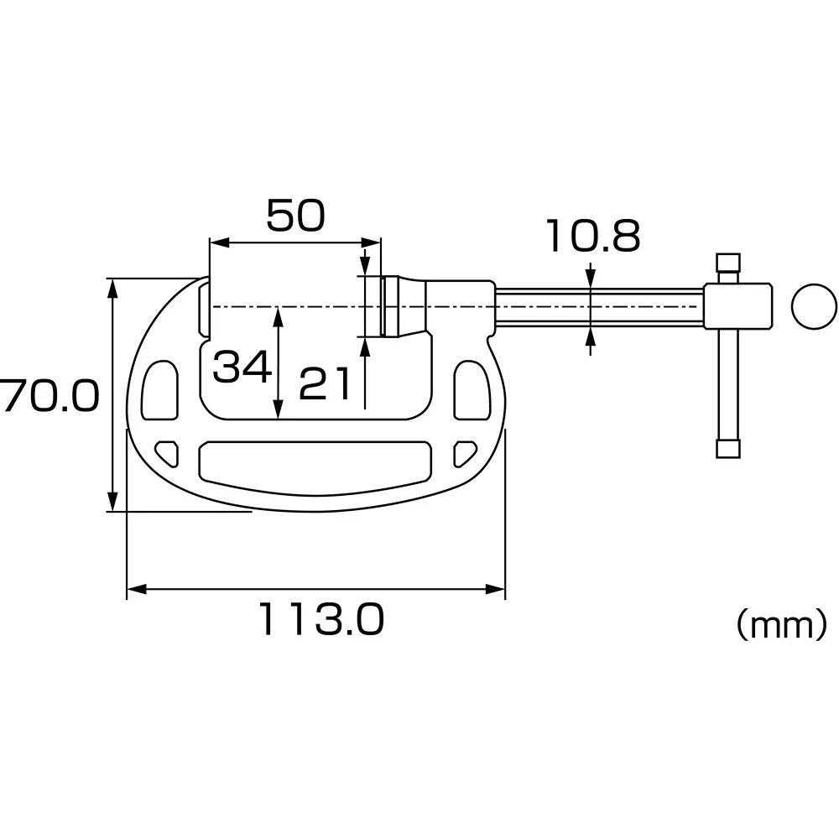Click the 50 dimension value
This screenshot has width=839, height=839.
(295, 216)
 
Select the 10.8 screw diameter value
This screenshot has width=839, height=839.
(592, 237)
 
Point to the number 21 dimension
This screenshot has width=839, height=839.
(325, 384)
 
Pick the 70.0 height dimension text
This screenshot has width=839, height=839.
(49, 395)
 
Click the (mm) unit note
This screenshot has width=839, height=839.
(781, 624)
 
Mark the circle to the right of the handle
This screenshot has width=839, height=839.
(814, 306)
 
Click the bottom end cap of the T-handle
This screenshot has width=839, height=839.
(727, 448)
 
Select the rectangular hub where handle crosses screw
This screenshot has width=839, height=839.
(737, 306)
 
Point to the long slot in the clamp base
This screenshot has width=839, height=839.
(315, 461)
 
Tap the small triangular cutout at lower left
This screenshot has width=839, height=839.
(169, 452)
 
